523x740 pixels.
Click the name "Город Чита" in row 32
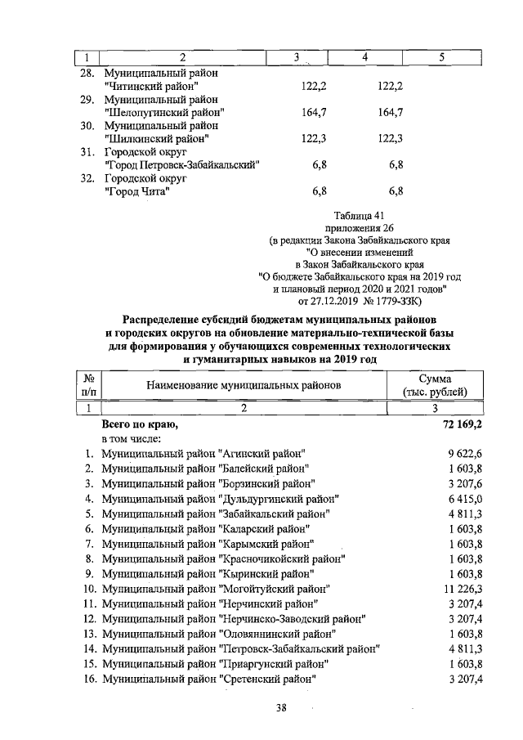tap(137, 192)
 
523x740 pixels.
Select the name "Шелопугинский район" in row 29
tap(165, 112)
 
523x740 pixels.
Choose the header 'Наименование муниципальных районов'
tap(244, 385)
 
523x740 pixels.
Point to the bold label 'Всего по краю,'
tap(139, 425)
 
